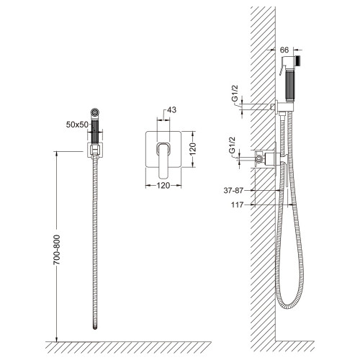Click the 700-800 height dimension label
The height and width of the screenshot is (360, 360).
57,250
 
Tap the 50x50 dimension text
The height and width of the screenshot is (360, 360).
77,125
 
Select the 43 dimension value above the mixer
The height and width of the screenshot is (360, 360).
171,110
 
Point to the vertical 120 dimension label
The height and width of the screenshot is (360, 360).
192,149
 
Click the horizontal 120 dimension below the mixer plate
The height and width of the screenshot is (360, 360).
163,186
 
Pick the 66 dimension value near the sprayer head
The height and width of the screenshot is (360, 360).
284,50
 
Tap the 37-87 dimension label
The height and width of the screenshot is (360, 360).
233,191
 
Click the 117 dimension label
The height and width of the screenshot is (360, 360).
238,205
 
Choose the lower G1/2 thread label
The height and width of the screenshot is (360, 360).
232,145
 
